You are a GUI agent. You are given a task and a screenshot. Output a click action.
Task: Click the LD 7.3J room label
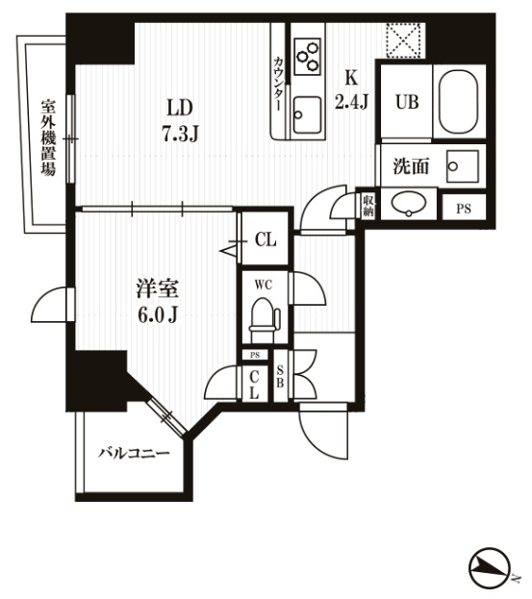[181, 120]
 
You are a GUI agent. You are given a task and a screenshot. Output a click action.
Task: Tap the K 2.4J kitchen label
[351, 89]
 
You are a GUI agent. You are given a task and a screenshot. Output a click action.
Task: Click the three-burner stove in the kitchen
[308, 56]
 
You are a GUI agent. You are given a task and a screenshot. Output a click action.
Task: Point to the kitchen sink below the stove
[307, 114]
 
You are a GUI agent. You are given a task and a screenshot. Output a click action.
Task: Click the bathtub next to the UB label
[458, 101]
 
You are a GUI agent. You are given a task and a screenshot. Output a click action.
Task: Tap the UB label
[407, 102]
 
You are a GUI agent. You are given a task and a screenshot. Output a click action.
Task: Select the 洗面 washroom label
[411, 166]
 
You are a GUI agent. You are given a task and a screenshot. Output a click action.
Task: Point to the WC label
[264, 285]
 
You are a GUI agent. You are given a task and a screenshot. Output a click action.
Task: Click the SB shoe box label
[280, 376]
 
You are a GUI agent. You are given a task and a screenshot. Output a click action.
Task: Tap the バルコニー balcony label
[134, 454]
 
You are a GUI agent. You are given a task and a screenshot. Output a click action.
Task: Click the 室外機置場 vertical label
[49, 137]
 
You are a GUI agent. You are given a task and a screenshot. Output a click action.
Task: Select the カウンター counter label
[279, 84]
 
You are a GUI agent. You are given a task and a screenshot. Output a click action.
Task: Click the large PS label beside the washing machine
[464, 209]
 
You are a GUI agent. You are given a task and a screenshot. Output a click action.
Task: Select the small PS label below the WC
[255, 355]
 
